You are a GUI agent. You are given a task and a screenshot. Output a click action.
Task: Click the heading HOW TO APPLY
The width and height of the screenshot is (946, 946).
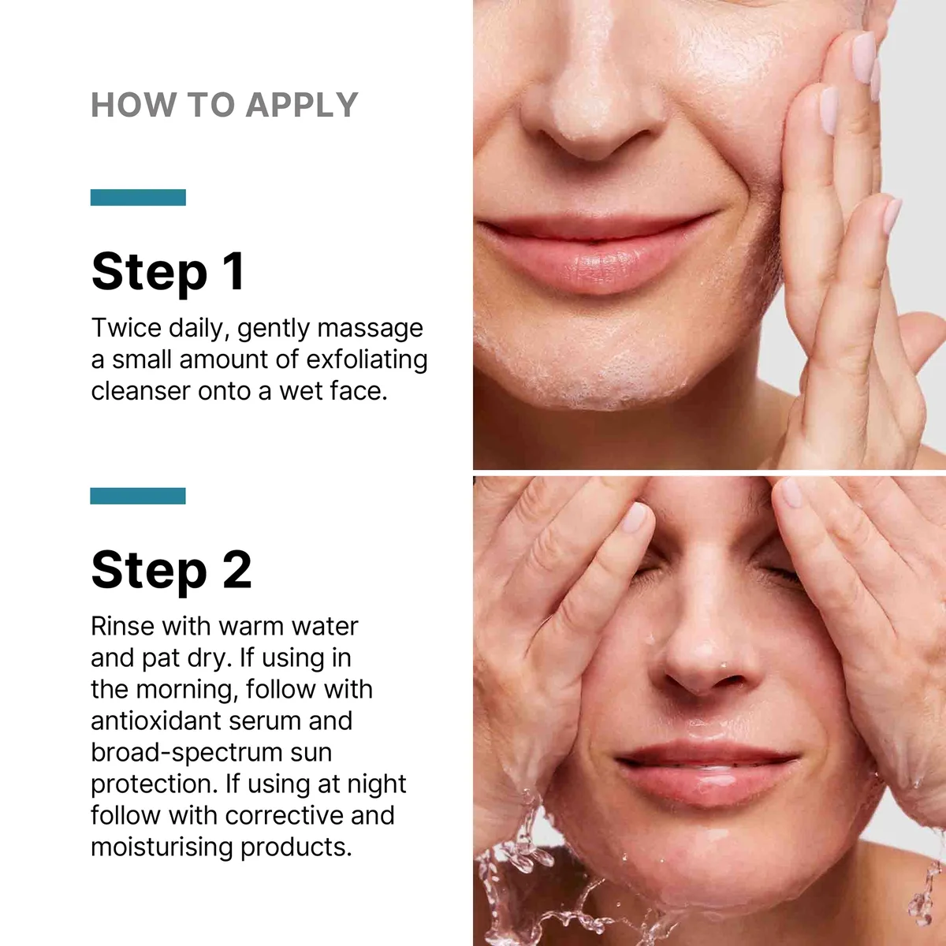[x=225, y=105]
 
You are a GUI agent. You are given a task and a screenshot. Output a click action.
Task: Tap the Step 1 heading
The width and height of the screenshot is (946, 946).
[x=167, y=272]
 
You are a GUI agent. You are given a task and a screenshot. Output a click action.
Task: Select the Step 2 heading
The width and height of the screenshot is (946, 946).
[x=171, y=571]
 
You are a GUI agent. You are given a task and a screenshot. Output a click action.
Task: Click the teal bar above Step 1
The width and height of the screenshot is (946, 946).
[x=138, y=197]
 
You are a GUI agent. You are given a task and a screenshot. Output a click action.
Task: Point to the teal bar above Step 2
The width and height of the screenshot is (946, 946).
[x=138, y=496]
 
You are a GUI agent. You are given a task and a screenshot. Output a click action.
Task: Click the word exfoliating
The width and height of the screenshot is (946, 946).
[x=367, y=359]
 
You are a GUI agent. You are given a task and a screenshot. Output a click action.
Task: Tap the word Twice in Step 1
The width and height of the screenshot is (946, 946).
[x=126, y=328]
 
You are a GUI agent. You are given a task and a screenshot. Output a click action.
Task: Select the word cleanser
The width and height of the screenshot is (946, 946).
[x=140, y=392]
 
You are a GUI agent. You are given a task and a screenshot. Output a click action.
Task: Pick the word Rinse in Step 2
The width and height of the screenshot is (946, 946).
[x=123, y=627]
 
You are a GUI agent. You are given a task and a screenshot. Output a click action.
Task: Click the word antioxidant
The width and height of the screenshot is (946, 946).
[x=155, y=721]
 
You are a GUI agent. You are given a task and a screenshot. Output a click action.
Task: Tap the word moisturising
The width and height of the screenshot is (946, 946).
[x=162, y=847]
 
